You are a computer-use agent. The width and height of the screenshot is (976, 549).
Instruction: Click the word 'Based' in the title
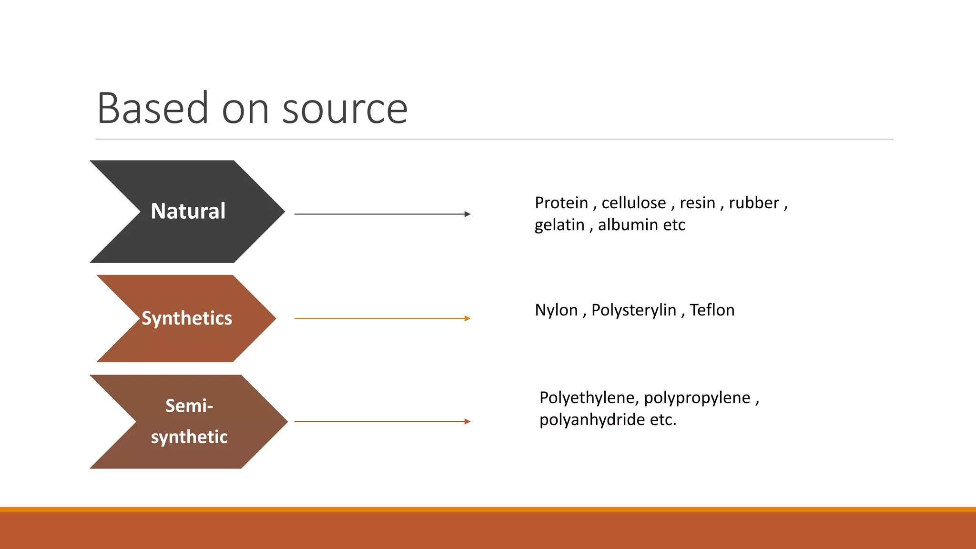[152, 109]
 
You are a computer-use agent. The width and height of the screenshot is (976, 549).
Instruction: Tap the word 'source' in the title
[345, 109]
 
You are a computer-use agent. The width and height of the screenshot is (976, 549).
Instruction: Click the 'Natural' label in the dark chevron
[188, 211]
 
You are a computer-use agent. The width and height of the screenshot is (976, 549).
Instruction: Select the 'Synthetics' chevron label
[187, 318]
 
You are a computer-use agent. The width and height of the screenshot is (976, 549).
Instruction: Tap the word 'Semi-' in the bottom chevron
[189, 406]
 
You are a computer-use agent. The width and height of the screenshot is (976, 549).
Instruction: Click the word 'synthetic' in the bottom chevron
[189, 437]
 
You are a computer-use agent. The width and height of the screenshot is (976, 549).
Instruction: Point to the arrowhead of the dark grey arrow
[468, 214]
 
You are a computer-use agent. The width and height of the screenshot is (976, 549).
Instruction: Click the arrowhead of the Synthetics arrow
[468, 318]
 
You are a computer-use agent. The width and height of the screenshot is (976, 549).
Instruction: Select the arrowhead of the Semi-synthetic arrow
[468, 421]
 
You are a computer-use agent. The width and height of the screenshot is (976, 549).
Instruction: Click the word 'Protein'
[561, 203]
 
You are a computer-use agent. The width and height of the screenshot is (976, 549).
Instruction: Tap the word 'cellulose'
[634, 203]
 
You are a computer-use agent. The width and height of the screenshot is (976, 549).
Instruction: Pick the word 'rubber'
[754, 203]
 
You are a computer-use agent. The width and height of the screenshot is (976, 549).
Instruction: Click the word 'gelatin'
[559, 225]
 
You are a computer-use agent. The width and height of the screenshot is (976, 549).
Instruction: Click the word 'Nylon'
[556, 310]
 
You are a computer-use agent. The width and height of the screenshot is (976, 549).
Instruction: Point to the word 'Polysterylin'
[634, 310]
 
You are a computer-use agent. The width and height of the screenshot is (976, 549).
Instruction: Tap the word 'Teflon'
[712, 310]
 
